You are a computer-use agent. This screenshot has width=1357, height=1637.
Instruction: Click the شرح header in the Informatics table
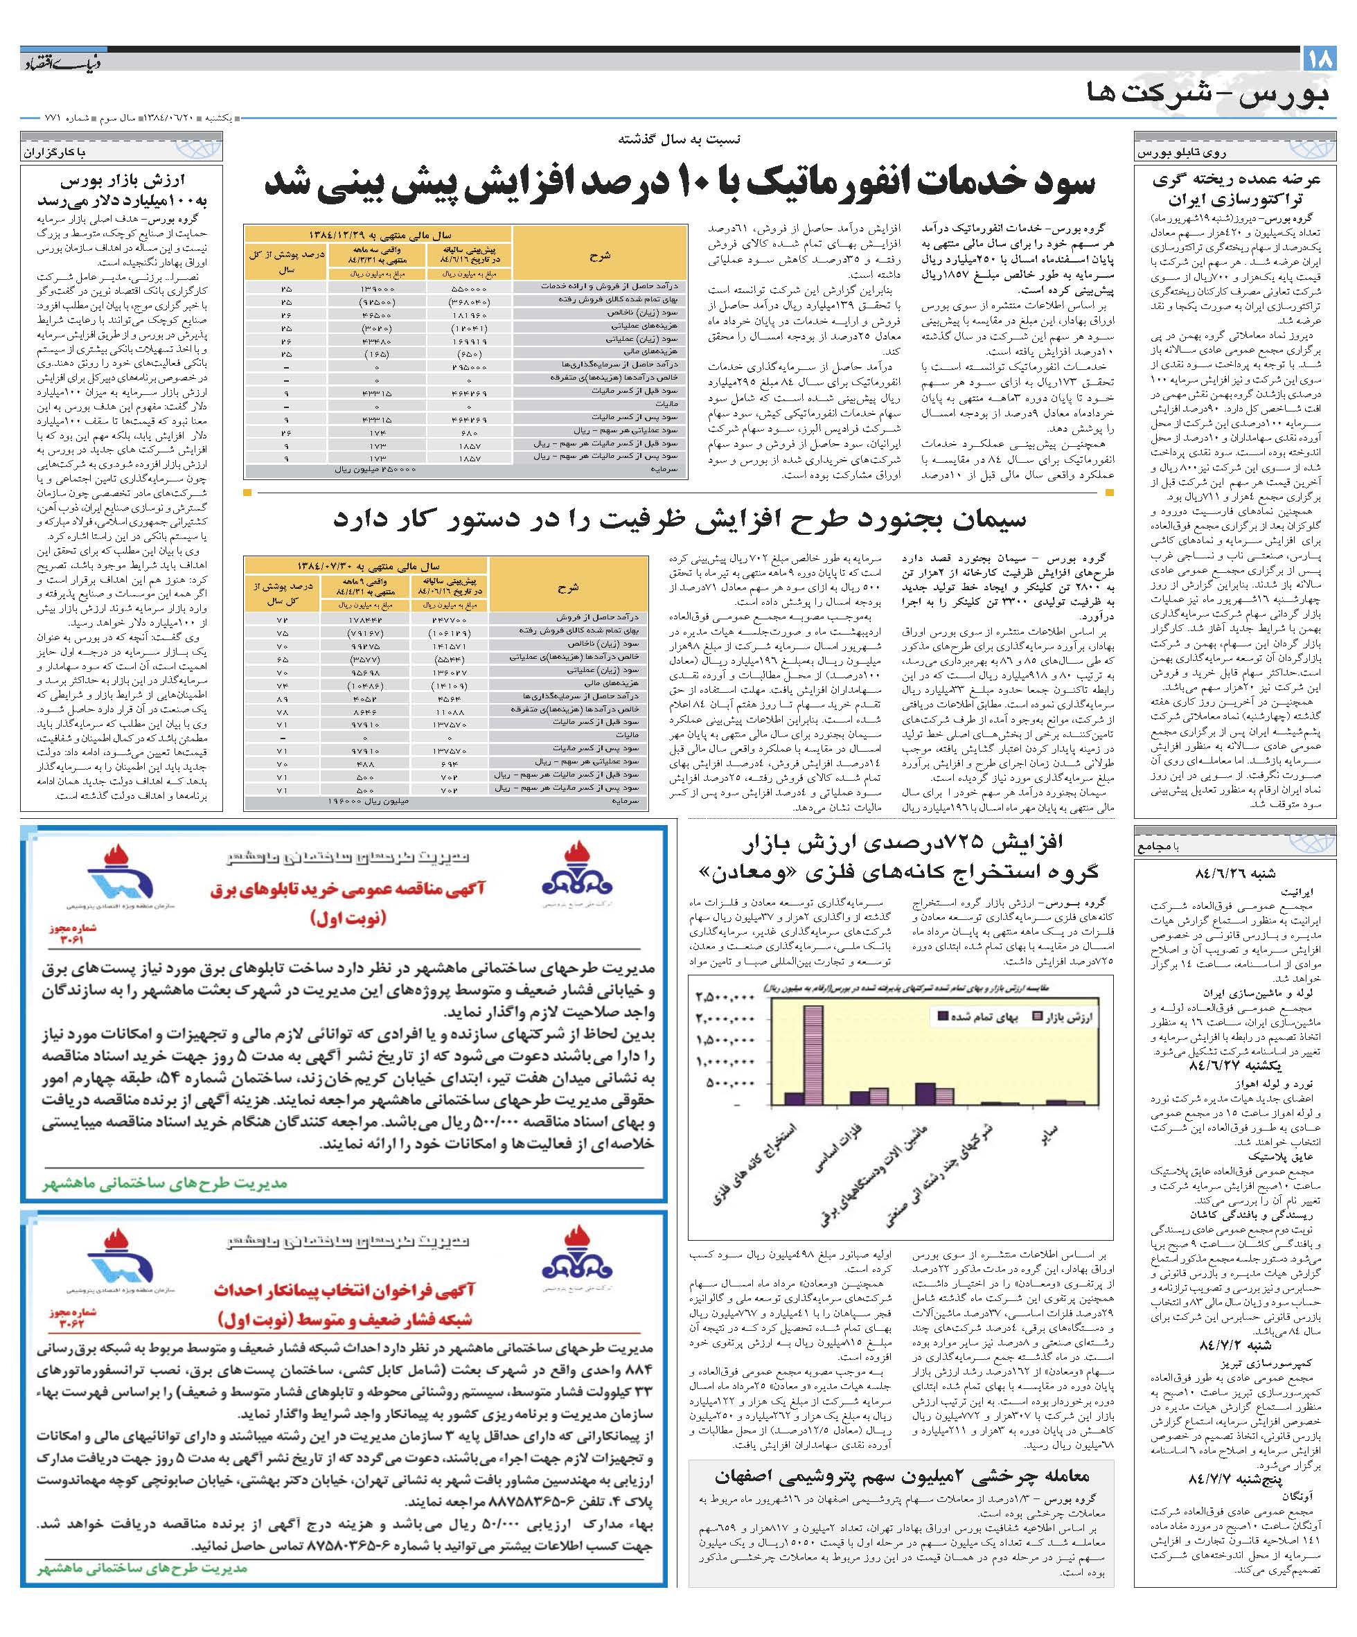[600, 254]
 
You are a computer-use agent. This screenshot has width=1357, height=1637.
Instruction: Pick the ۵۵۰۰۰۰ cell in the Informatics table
[468, 287]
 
